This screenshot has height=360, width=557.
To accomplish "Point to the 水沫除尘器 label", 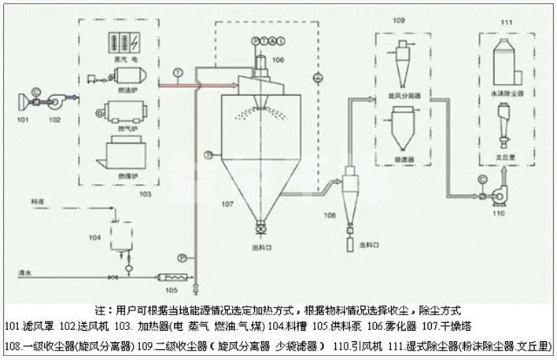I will tap(502, 93).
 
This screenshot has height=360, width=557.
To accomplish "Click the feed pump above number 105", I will tap(170, 277).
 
